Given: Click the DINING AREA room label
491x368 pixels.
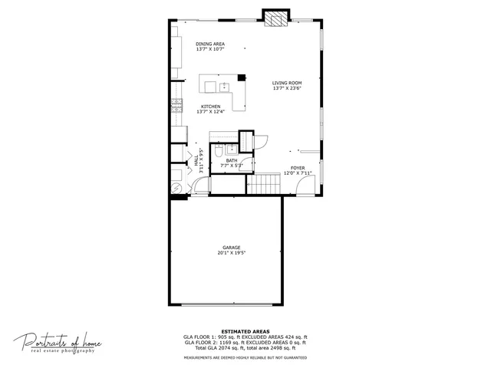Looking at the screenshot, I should [209, 44].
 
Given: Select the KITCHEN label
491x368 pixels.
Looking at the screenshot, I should [211, 107].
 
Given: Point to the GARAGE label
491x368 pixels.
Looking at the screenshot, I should [232, 247].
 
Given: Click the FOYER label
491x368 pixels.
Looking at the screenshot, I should [297, 167].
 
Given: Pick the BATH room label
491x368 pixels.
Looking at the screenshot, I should [231, 160].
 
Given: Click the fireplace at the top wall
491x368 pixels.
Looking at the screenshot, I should [275, 18].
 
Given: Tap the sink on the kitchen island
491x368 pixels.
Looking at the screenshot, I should [225, 86].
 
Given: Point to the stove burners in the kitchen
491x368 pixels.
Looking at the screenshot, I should [176, 106].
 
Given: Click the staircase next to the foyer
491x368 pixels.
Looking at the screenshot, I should [266, 184].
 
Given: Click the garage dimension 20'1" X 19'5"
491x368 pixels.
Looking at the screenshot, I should [232, 253].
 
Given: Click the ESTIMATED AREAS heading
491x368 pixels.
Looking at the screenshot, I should [245, 330].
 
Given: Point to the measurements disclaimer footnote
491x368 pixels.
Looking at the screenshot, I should [245, 357].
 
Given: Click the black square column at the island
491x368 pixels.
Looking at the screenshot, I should [241, 77].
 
